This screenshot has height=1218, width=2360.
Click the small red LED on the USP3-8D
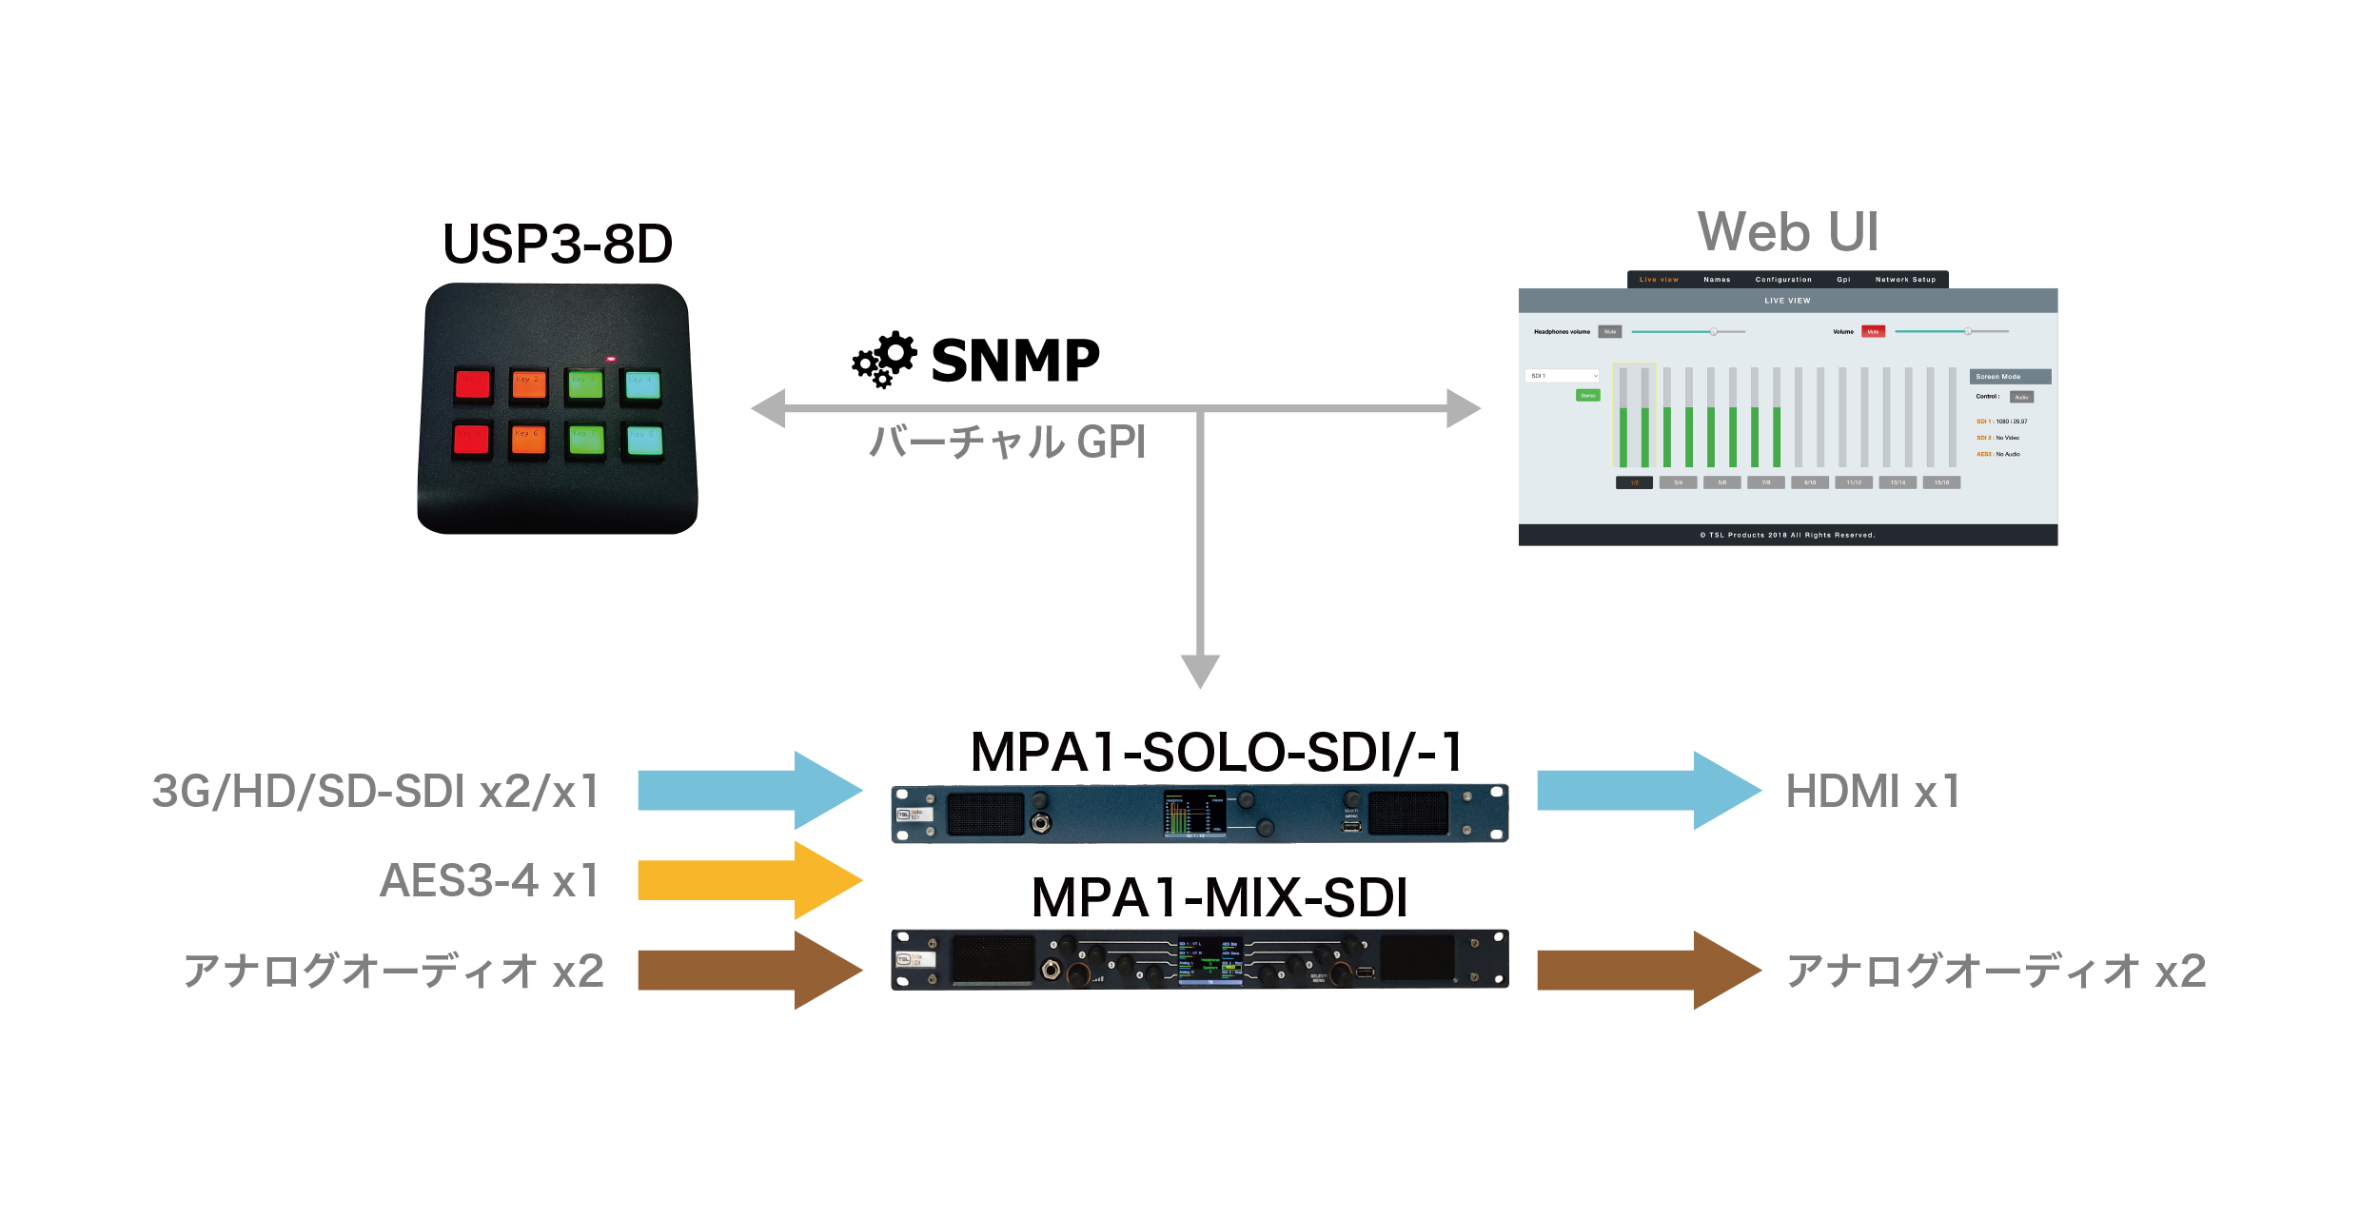[611, 359]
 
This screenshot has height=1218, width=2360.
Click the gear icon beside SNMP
[885, 360]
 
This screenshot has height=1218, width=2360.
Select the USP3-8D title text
[558, 245]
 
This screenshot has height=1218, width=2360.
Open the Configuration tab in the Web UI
[1783, 280]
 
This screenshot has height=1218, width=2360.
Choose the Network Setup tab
[1905, 280]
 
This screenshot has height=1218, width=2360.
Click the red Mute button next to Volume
[1873, 332]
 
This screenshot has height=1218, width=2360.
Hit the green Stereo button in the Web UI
[1588, 395]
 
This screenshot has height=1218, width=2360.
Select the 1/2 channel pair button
[1634, 482]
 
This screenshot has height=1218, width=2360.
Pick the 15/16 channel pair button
[1941, 482]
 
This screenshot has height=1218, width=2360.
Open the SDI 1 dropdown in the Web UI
[1563, 376]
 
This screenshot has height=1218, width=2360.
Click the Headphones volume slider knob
[1713, 332]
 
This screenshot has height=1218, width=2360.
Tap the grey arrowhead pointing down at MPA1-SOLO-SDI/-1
[1200, 670]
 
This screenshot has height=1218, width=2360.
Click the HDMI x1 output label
[1873, 791]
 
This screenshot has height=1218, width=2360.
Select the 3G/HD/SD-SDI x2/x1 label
[376, 791]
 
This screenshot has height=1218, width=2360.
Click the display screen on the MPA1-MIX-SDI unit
[1210, 959]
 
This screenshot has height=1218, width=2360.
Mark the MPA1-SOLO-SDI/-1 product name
[1216, 753]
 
